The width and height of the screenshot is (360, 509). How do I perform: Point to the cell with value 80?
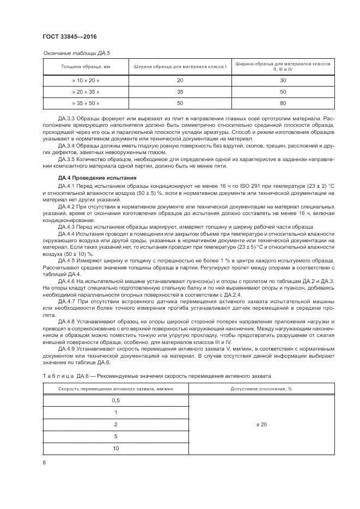click(283, 102)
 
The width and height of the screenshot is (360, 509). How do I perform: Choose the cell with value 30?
click(283, 80)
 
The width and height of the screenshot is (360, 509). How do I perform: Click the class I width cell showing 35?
click(180, 91)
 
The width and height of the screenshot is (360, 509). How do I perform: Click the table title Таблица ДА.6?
click(65, 376)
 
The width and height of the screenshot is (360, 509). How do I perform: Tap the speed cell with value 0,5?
click(115, 400)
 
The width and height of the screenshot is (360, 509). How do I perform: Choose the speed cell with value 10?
click(115, 448)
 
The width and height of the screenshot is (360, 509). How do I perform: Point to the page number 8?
click(44, 463)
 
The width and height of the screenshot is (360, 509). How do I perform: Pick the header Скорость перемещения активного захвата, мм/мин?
click(115, 389)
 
